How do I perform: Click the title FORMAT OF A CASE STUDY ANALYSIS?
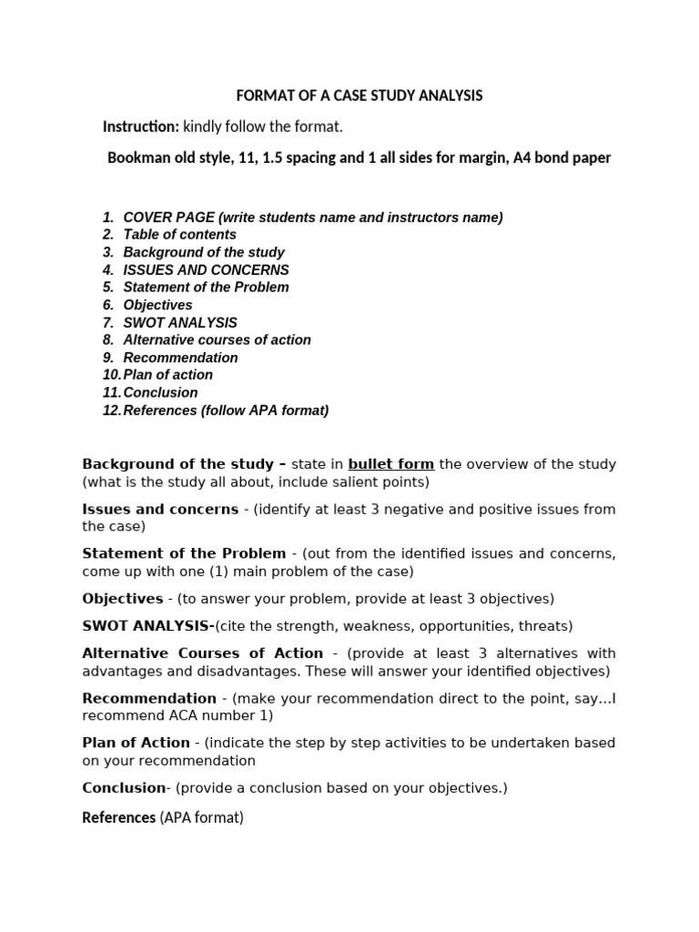(360, 96)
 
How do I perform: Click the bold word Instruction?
(140, 127)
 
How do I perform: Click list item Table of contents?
(179, 235)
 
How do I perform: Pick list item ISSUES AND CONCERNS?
(206, 270)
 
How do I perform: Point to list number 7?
(107, 323)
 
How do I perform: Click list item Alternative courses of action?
(217, 339)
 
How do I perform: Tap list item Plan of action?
(167, 375)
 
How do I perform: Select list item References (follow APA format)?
(226, 410)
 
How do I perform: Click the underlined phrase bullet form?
(390, 464)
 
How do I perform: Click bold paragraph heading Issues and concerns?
(160, 509)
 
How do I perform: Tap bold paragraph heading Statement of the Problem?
(184, 553)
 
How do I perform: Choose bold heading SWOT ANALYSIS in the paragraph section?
(146, 626)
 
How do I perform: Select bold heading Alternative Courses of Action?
(202, 653)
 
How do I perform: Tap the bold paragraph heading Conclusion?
(124, 788)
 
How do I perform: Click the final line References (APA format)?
(163, 818)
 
